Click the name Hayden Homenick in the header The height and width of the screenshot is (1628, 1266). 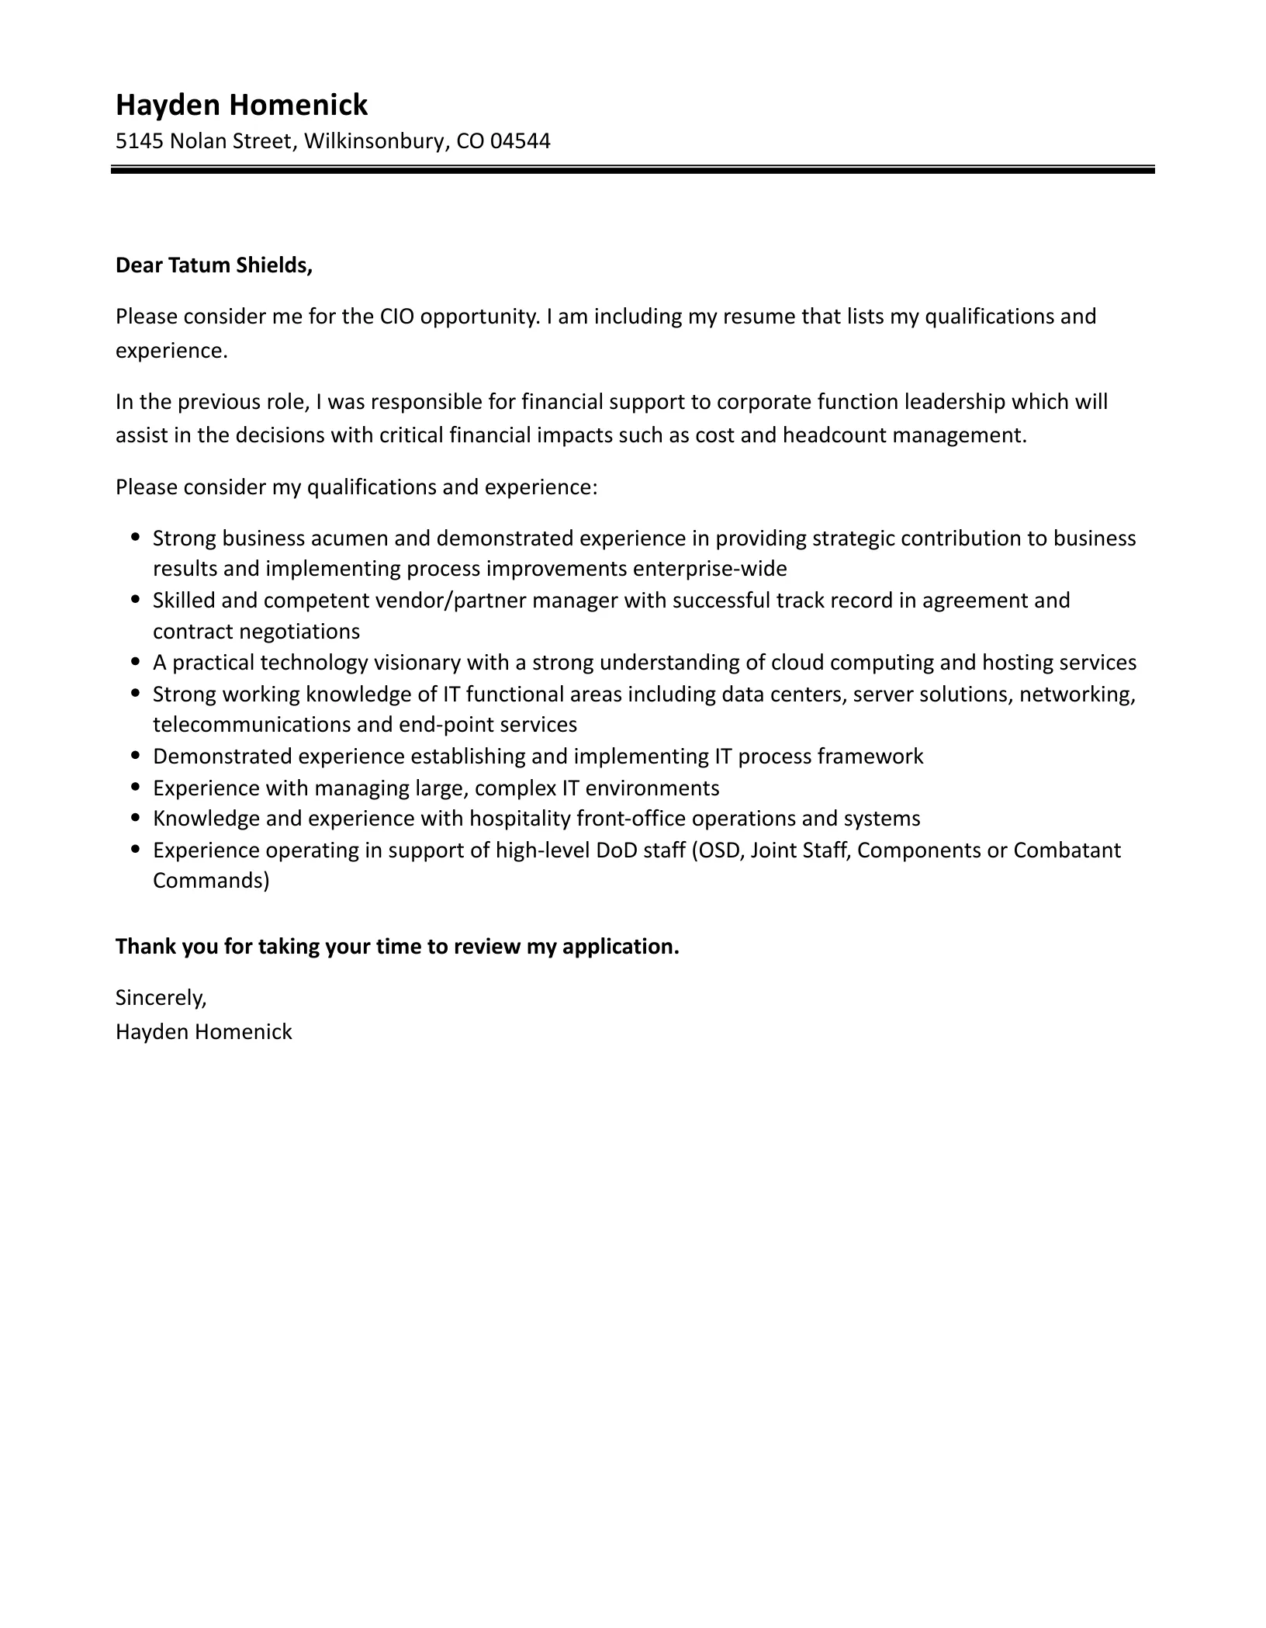[241, 105]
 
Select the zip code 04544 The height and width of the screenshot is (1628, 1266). [521, 141]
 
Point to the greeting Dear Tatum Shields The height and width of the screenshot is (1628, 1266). [213, 265]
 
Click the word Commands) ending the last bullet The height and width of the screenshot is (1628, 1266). [211, 881]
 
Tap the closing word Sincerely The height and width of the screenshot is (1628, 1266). [161, 998]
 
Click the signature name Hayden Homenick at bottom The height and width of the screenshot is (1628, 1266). [203, 1032]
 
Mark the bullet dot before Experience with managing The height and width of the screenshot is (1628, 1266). [137, 786]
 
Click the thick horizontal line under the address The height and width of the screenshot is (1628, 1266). [632, 169]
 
